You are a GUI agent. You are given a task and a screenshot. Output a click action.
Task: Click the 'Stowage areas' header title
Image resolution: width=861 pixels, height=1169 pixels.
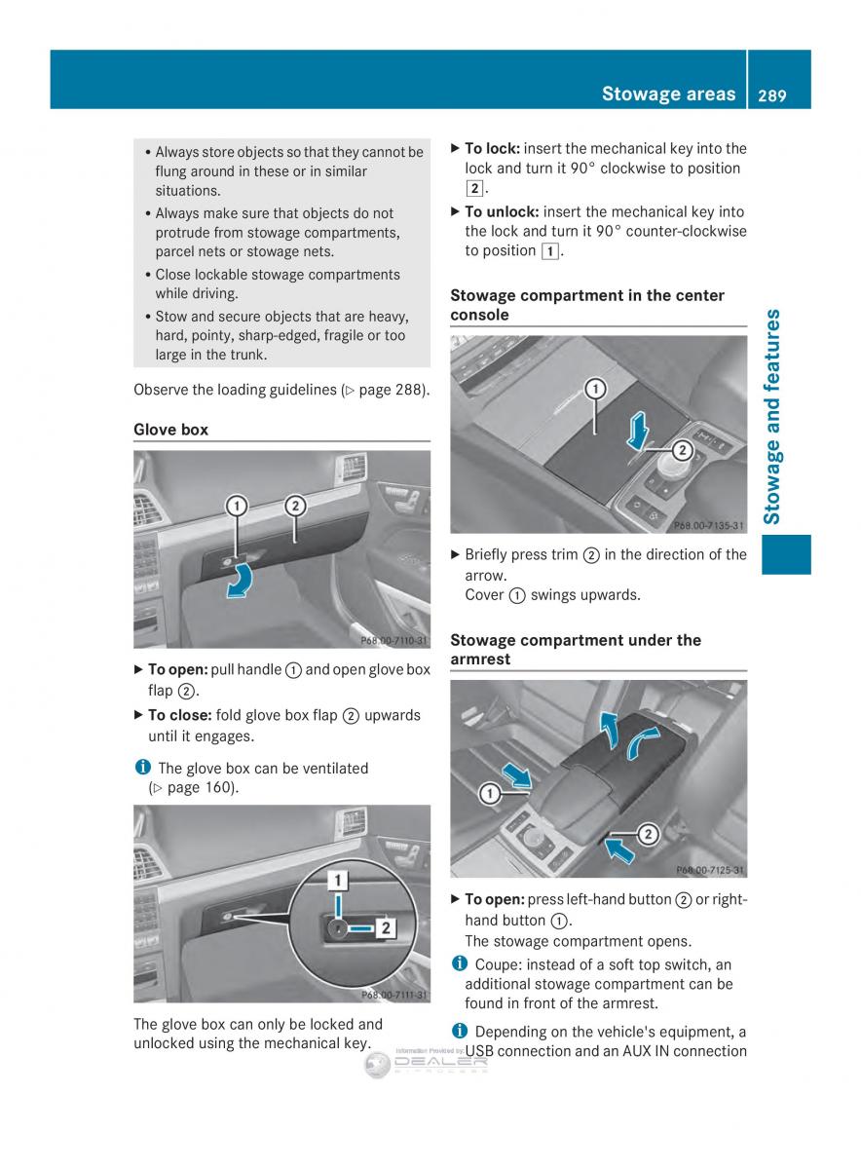coord(668,94)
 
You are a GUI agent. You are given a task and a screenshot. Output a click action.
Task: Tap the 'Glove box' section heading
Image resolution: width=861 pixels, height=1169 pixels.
coord(170,430)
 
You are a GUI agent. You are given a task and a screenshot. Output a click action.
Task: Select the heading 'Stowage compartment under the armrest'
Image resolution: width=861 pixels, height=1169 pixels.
coord(575,649)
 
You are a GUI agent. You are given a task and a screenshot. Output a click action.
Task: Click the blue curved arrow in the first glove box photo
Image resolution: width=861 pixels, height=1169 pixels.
coord(241,581)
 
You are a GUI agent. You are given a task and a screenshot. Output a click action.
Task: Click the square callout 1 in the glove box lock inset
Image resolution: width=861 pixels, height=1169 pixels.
coord(337,881)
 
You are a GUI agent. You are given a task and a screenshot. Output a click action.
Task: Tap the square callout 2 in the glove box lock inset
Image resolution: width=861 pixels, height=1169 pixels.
coord(385,928)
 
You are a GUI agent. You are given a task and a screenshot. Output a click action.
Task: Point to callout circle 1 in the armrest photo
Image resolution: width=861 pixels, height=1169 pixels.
coord(490,794)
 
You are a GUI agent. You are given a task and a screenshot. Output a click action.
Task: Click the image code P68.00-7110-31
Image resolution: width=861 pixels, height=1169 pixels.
coord(393,640)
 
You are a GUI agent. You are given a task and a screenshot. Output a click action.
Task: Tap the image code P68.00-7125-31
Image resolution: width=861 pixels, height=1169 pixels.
coord(710,869)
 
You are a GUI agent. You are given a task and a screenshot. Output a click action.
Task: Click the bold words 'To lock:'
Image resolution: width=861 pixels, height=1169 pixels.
coord(493,149)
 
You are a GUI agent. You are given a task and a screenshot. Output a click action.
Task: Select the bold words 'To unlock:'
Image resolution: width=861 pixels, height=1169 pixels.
coord(502,211)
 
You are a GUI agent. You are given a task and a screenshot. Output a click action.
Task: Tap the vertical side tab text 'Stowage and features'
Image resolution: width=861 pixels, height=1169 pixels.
coord(772,417)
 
